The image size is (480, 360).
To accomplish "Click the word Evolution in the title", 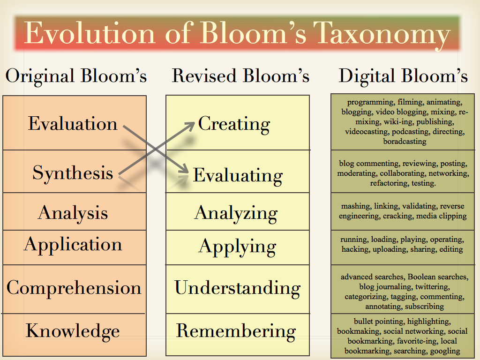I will (89, 33).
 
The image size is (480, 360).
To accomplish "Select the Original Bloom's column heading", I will (76, 75).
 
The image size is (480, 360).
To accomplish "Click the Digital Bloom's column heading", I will (403, 75).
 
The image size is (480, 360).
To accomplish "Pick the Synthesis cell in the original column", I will (73, 173).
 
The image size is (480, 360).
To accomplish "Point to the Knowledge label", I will (73, 330).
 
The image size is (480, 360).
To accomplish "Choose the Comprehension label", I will (74, 287).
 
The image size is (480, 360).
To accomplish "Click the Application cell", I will (73, 244).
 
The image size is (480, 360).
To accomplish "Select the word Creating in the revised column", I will (234, 124).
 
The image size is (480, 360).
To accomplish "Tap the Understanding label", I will (237, 287).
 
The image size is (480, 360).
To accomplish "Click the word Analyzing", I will (236, 213).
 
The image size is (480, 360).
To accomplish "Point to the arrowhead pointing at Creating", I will (190, 124).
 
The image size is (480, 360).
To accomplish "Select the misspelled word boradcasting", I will (405, 141).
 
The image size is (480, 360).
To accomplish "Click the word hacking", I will (355, 249).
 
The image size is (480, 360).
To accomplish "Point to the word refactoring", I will (389, 183).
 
